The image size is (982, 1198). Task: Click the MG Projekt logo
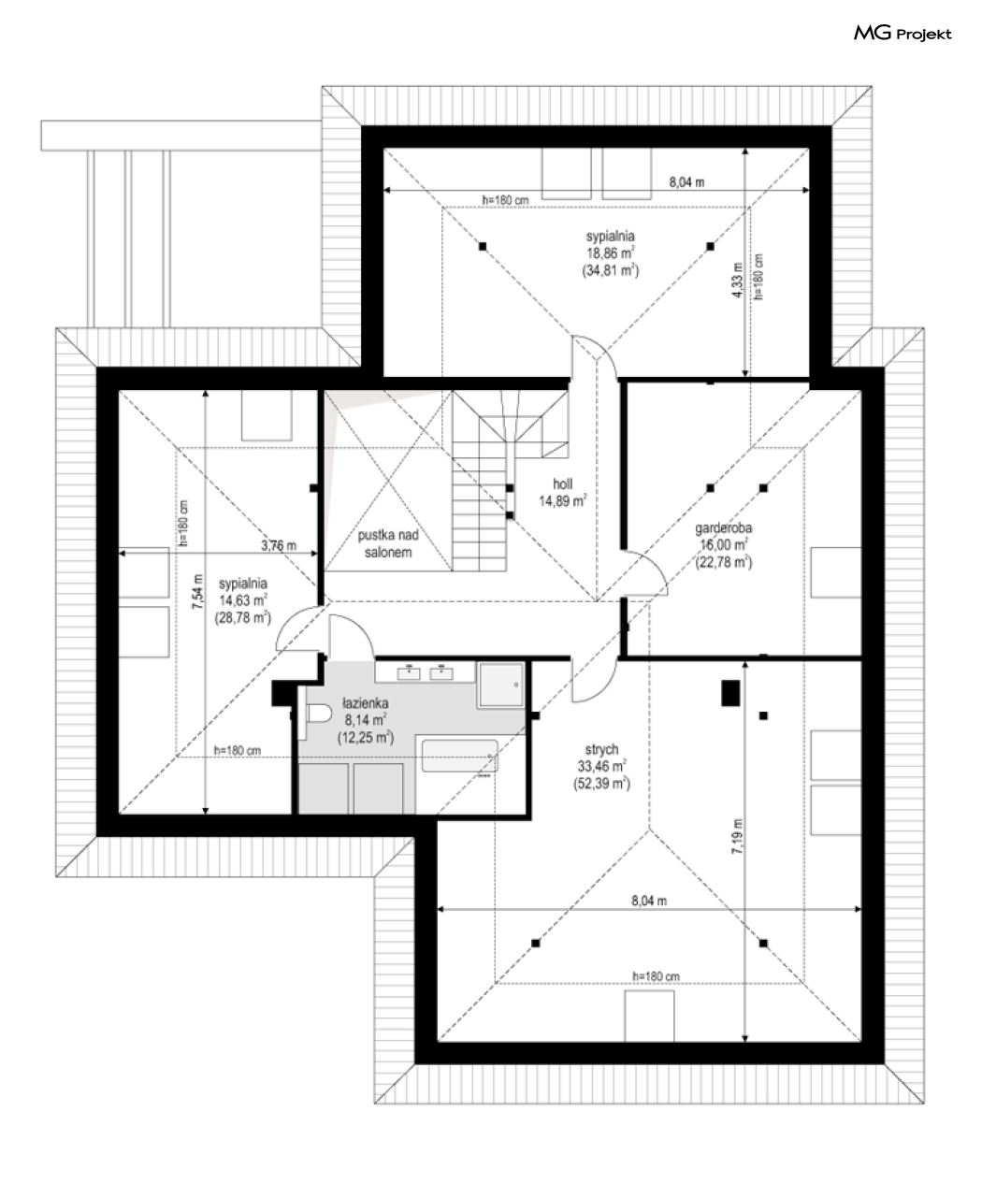[902, 34]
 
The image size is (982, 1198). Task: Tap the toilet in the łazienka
[319, 714]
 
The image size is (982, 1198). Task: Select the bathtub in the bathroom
[459, 756]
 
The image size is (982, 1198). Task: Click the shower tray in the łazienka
[501, 685]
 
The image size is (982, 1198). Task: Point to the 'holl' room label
[562, 484]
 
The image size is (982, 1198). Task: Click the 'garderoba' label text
[724, 528]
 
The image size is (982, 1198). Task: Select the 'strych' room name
[601, 749]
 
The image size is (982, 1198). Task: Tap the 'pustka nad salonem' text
[388, 543]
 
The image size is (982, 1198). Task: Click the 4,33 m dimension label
[737, 280]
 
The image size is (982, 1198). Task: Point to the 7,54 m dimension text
[197, 593]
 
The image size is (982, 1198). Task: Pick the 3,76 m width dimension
[279, 545]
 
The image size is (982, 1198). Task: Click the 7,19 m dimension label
[737, 836]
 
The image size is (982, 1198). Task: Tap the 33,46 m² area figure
[601, 766]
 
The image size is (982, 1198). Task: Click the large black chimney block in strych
[730, 693]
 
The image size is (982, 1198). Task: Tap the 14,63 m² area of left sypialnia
[243, 600]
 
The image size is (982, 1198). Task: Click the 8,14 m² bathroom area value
[365, 720]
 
